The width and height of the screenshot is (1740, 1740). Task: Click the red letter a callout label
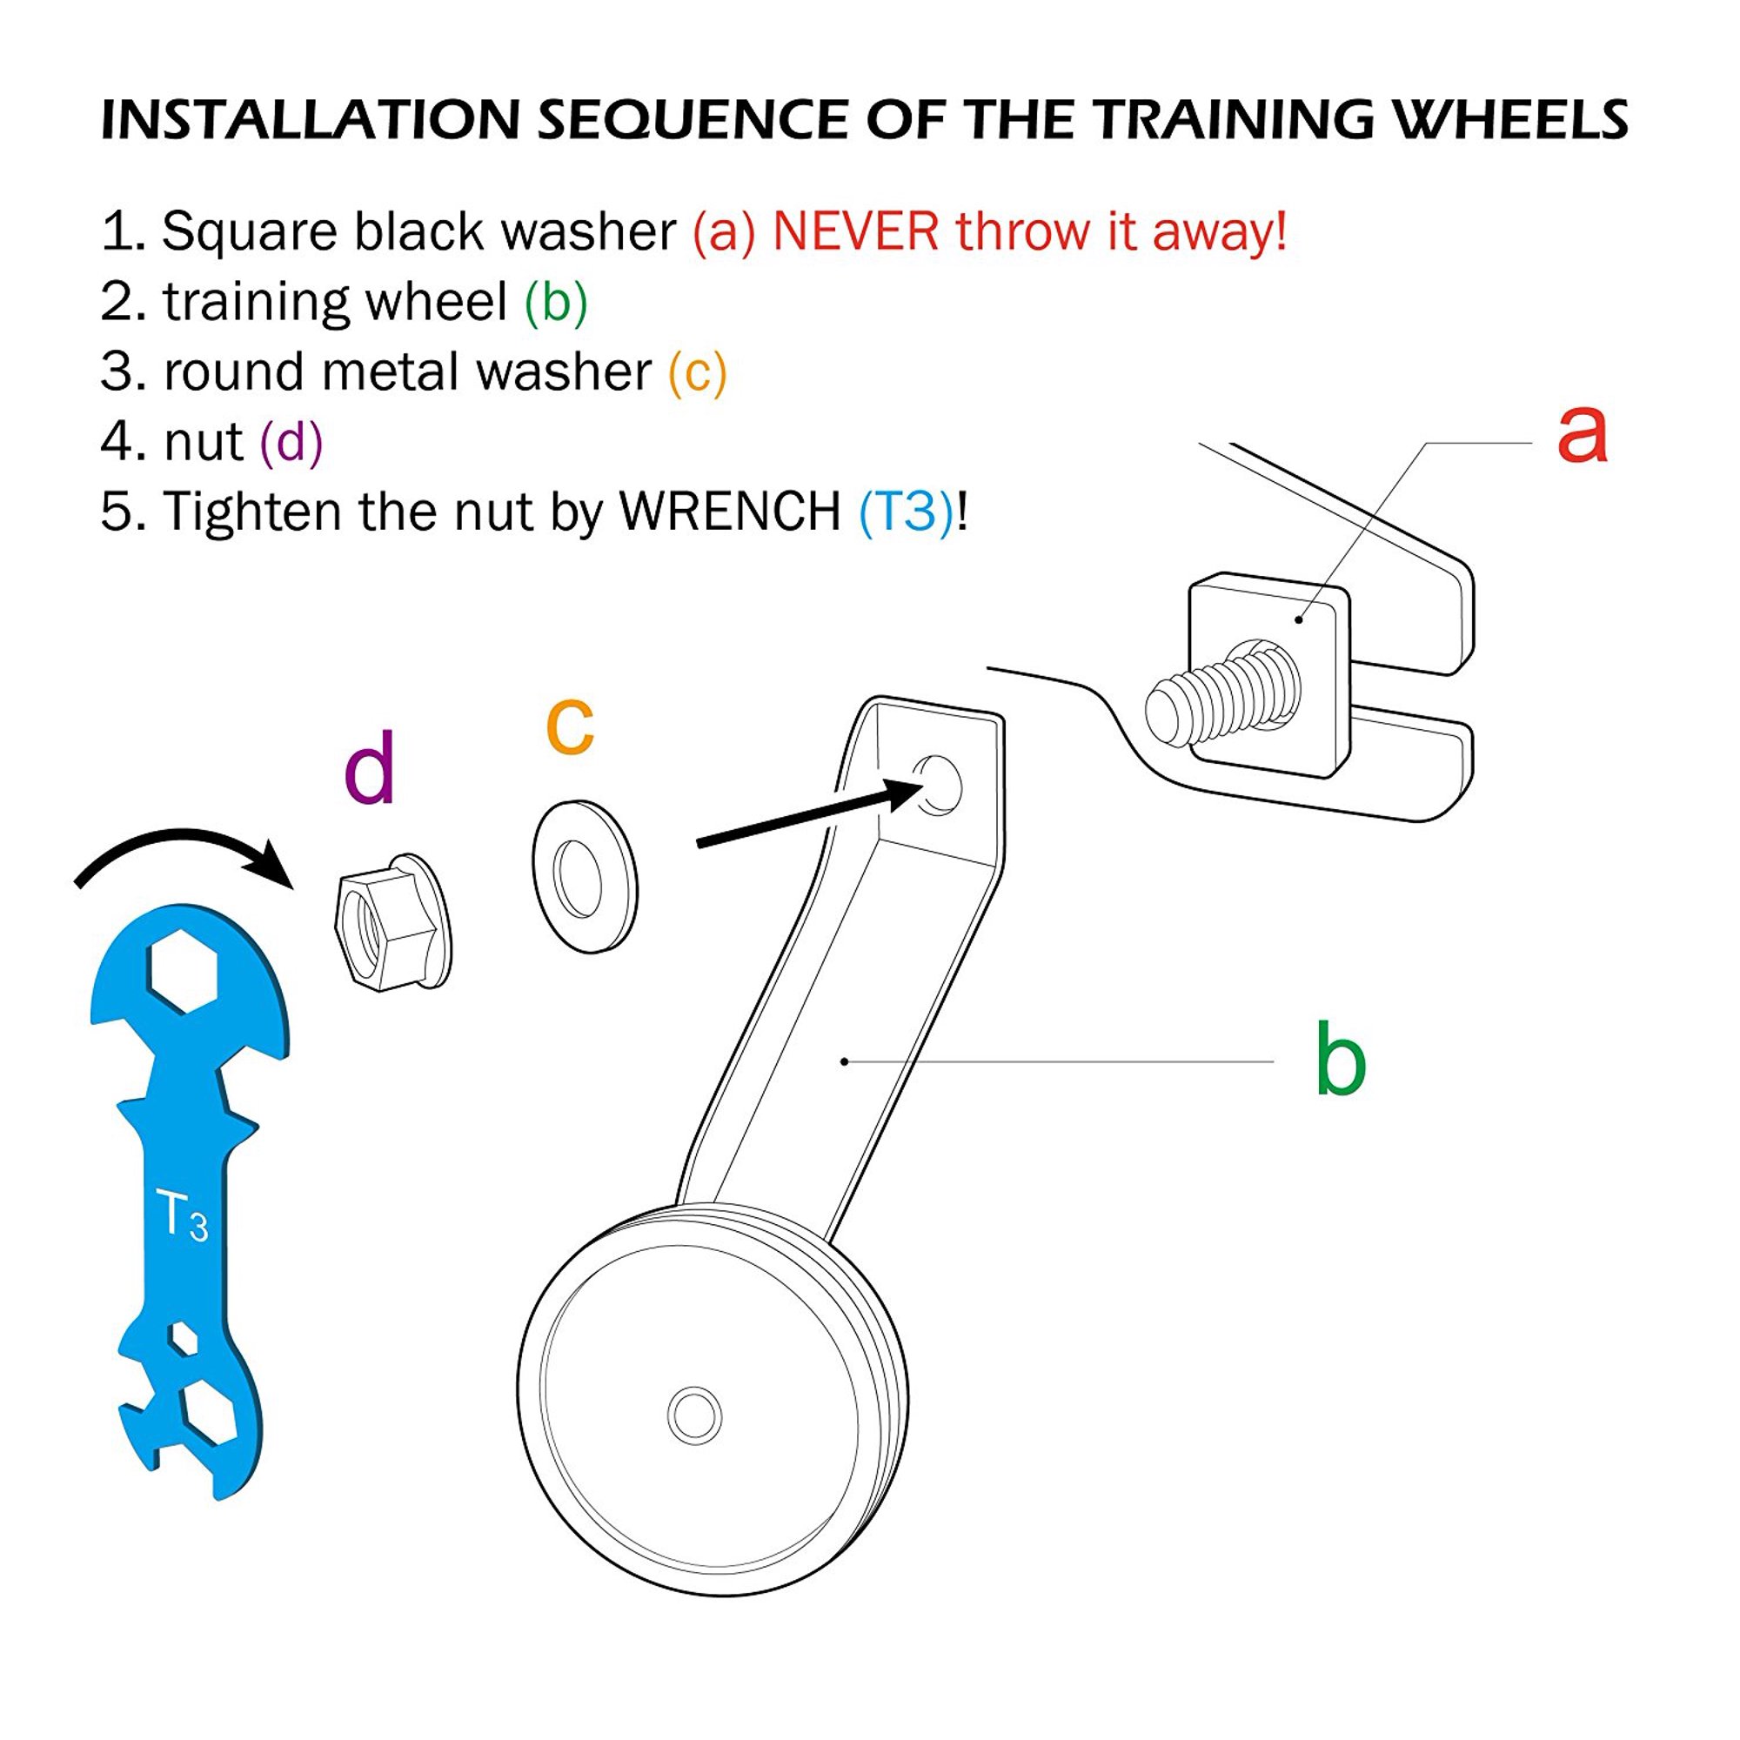1583,434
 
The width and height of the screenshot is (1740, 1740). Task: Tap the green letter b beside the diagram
1339,1058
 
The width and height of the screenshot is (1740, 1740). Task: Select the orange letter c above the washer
570,726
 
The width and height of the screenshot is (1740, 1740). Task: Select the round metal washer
585,876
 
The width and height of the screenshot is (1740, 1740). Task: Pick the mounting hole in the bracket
937,786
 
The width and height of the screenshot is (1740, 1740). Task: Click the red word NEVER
855,231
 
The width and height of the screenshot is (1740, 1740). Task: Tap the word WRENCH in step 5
731,512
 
